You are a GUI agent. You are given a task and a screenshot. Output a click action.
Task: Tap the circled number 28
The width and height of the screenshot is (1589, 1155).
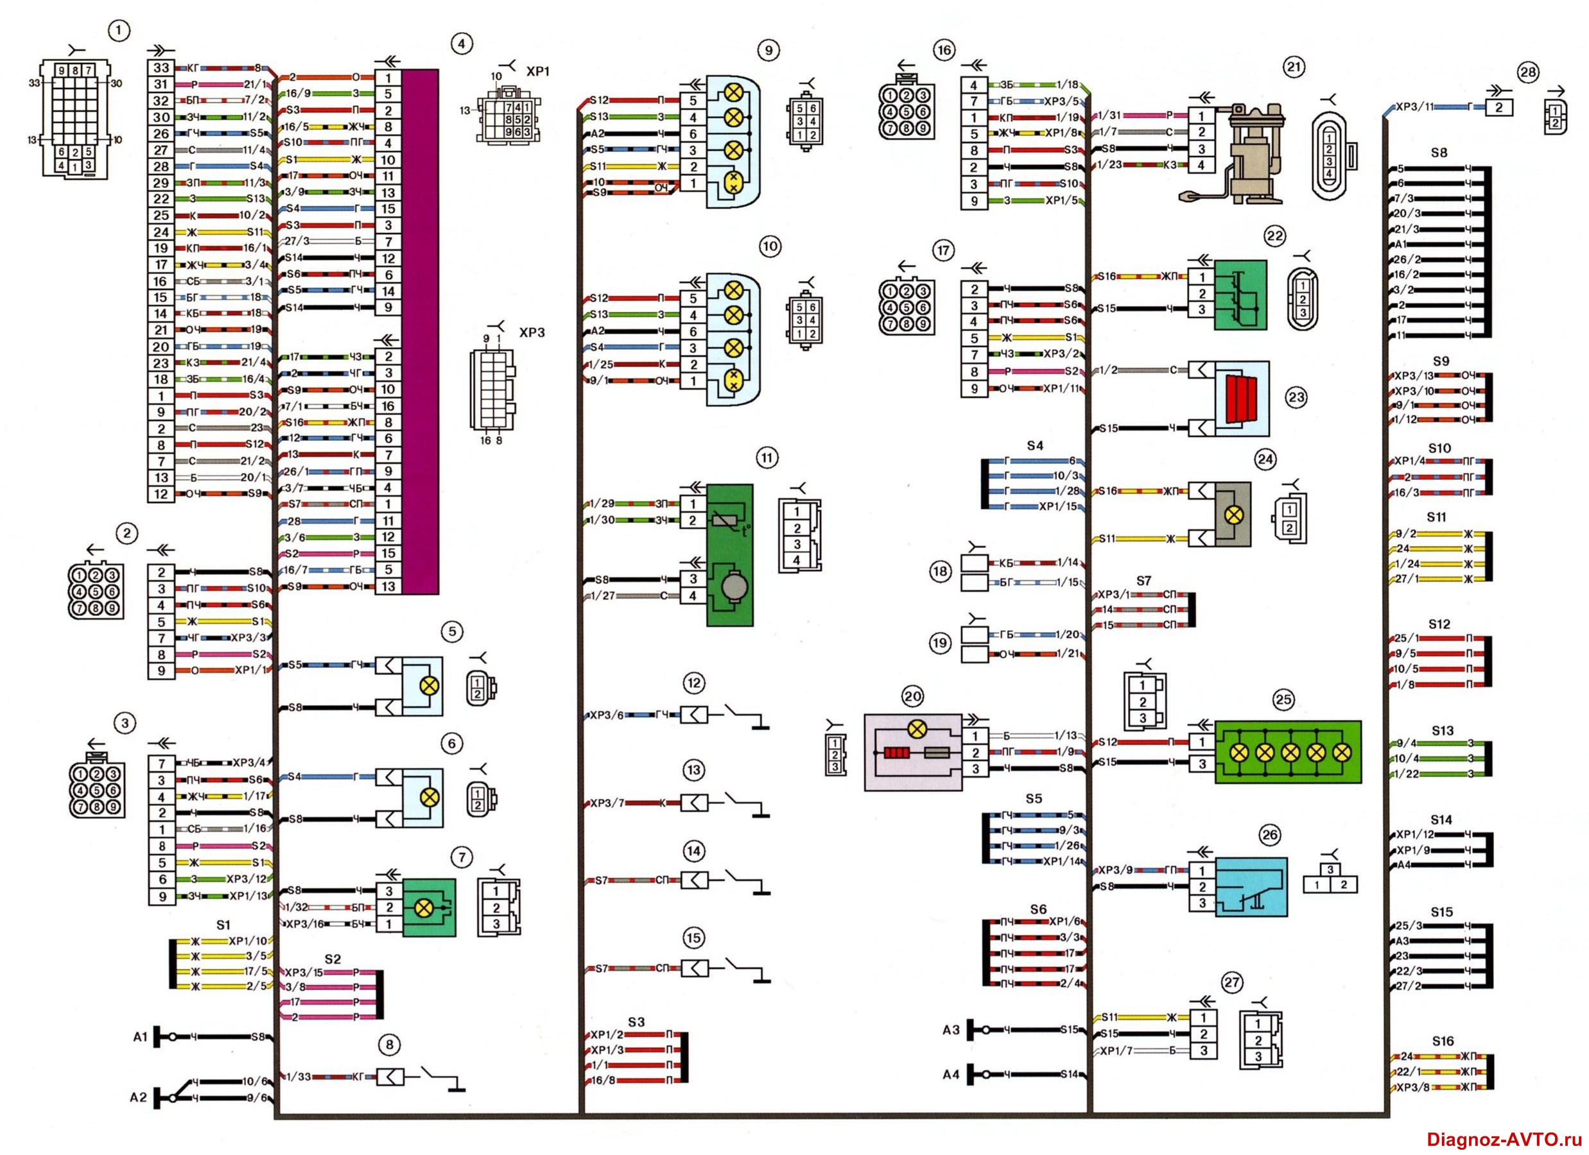(x=1527, y=71)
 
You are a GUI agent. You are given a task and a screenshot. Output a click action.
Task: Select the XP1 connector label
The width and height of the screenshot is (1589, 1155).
(x=538, y=72)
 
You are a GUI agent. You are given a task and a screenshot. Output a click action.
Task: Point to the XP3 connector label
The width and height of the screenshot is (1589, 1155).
(x=532, y=332)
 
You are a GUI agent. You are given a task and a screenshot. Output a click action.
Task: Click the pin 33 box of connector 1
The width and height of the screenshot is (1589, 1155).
(x=161, y=68)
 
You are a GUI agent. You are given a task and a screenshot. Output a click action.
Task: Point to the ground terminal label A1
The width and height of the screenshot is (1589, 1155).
(x=140, y=1037)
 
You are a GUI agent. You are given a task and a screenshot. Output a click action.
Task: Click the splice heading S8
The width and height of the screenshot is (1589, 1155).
(x=1438, y=153)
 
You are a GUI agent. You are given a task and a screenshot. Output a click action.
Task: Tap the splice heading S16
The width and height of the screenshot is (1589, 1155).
(x=1443, y=1041)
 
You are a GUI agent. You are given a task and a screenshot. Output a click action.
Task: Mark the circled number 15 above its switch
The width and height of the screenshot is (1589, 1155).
(x=693, y=938)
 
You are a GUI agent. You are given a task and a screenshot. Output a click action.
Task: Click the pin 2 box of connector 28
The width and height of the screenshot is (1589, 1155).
(x=1498, y=107)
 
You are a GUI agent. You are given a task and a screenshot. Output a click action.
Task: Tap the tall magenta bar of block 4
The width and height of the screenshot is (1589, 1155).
(x=421, y=331)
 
